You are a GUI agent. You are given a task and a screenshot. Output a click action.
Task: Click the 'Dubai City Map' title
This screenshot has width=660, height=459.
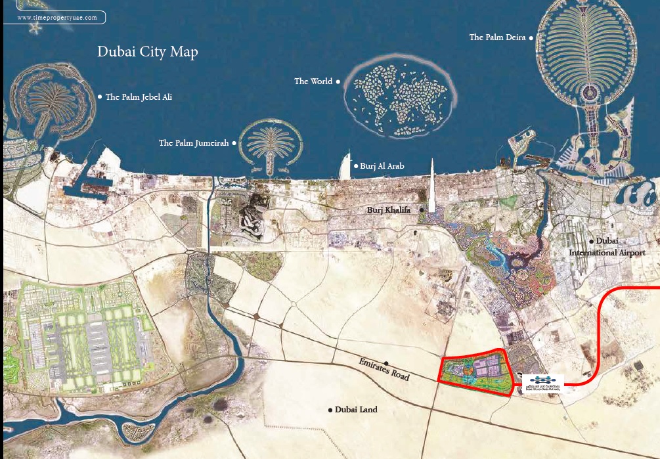tap(147, 52)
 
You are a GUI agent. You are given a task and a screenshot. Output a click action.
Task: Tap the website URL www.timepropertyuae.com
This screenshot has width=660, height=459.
tap(58, 18)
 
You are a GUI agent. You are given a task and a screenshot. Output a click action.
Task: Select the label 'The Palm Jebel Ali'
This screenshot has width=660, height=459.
tap(139, 97)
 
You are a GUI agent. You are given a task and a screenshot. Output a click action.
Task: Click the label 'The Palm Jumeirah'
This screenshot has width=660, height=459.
tap(194, 142)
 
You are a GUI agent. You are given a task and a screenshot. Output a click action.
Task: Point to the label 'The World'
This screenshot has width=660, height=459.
tap(313, 81)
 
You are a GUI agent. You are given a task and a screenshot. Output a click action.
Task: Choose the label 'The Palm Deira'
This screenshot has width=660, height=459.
tap(497, 37)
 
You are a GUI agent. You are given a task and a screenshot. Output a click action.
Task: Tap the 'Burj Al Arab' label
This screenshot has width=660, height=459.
tap(382, 166)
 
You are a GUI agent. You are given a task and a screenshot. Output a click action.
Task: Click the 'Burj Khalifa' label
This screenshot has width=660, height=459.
tap(388, 210)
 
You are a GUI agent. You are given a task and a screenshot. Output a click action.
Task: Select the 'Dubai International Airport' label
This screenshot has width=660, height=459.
tap(607, 247)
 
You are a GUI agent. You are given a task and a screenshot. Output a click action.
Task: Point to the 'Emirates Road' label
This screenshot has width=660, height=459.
tap(384, 370)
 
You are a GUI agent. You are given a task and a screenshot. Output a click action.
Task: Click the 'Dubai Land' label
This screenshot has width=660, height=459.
tap(356, 410)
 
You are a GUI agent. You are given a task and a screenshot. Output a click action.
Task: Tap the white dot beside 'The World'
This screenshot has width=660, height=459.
tap(338, 81)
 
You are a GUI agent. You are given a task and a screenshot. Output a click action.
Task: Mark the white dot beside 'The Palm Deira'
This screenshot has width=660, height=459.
tap(531, 37)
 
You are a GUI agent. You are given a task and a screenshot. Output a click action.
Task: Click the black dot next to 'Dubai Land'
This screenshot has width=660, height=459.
tap(330, 410)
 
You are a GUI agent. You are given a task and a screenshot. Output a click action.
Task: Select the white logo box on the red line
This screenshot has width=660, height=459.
tap(542, 383)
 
